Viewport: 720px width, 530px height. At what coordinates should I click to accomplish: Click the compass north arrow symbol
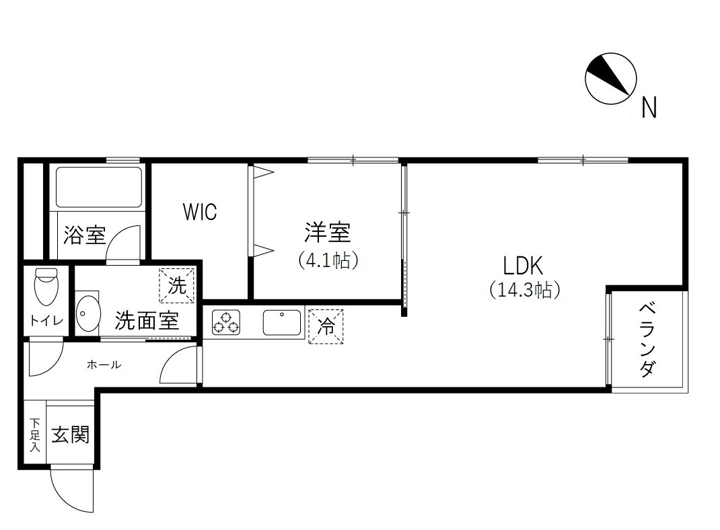(x=611, y=78)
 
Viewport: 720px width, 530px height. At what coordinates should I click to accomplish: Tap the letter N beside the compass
(x=648, y=108)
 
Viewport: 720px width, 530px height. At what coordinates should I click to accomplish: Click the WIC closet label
(x=200, y=213)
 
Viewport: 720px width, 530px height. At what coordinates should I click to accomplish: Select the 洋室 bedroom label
(x=327, y=233)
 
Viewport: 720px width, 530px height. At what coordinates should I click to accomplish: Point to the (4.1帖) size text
(x=328, y=260)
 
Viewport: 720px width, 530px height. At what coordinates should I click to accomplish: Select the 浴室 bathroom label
(x=85, y=235)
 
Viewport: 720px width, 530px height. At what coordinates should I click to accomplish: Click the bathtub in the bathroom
(x=98, y=186)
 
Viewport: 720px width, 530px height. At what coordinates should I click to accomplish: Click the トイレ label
(x=46, y=321)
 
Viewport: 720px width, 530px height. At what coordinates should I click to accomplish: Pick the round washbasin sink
(x=87, y=313)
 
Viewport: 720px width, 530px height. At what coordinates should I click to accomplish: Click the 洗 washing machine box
(x=177, y=286)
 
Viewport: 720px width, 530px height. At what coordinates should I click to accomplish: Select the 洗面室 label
(x=147, y=320)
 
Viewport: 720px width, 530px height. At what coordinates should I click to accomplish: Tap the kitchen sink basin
(x=282, y=323)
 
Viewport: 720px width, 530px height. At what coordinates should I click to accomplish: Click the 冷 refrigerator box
(x=326, y=326)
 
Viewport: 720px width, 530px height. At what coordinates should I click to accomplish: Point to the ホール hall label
(x=104, y=365)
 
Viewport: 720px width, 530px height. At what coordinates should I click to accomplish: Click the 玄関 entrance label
(x=71, y=435)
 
